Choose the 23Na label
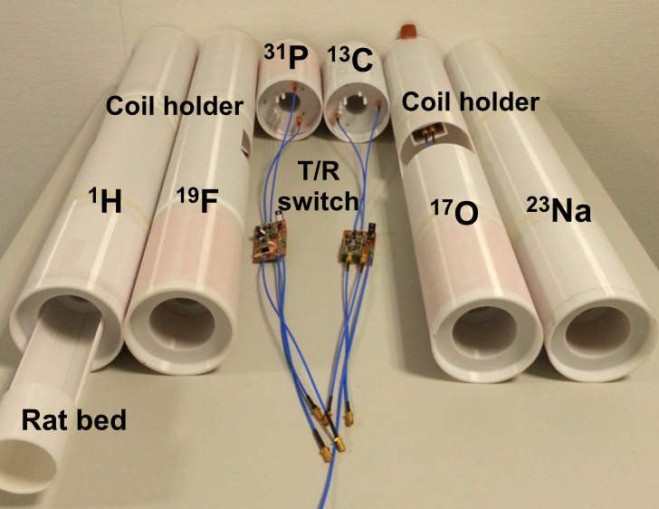558,213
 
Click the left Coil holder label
175,106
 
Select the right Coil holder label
470,102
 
